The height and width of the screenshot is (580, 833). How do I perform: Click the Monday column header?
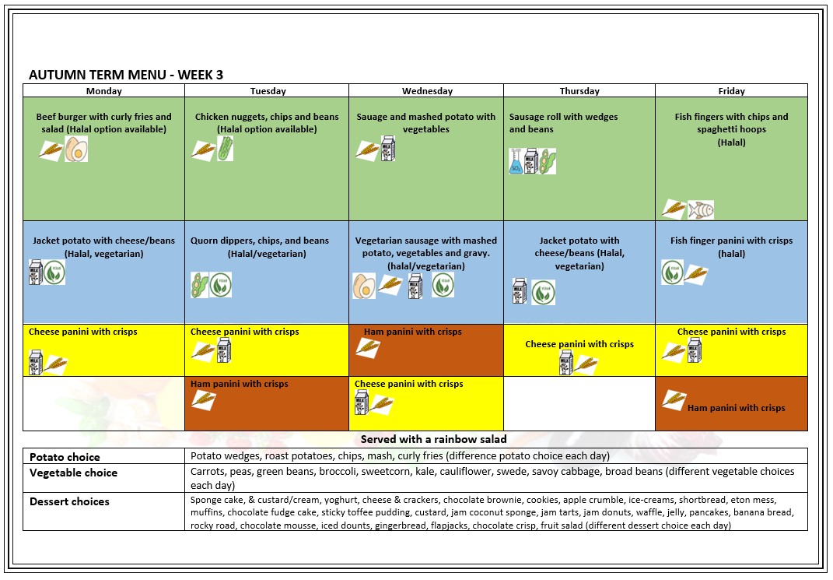pos(103,91)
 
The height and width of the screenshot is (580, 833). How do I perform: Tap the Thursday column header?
pos(579,91)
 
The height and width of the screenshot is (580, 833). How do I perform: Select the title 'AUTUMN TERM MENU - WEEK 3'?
pos(126,75)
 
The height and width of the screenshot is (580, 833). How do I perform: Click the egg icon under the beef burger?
pos(76,149)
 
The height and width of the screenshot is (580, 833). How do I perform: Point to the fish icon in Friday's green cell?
pos(701,209)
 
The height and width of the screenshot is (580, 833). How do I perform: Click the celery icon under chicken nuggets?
pos(225,149)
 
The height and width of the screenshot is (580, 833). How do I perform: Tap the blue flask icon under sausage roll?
pos(516,162)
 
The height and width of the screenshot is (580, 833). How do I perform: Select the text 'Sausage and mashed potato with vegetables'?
pos(425,123)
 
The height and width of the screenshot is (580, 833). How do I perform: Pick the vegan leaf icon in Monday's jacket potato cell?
pos(54,272)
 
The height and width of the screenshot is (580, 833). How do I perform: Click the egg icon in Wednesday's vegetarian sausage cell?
pos(364,286)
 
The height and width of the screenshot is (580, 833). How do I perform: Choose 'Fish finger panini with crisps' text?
pos(731,241)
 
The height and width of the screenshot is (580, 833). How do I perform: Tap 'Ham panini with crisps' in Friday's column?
pos(736,408)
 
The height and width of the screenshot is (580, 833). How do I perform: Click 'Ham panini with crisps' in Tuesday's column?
pos(240,384)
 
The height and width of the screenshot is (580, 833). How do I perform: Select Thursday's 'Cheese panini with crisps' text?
pos(579,344)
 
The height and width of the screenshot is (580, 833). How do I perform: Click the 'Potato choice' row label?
pos(65,457)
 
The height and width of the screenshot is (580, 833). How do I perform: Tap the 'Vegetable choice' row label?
pos(73,473)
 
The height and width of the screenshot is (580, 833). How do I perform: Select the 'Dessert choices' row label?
pos(69,501)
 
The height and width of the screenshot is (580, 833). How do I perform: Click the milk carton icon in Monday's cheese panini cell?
pos(36,362)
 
